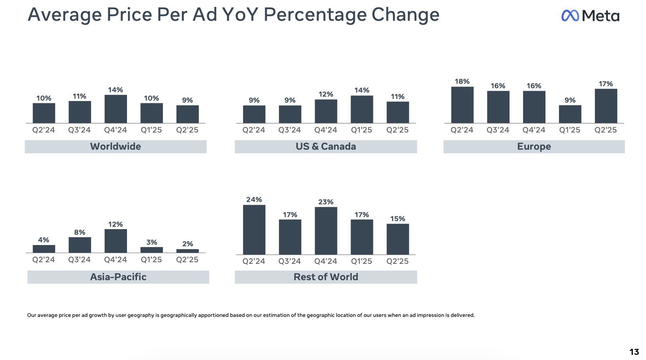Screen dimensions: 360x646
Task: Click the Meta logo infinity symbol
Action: point(570,16)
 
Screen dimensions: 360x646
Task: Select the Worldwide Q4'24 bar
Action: point(116,109)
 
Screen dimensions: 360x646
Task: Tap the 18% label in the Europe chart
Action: point(462,81)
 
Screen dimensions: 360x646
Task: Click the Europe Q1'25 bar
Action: point(570,114)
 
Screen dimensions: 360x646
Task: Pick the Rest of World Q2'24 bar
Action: point(254,230)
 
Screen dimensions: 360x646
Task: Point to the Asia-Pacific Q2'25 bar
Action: point(188,251)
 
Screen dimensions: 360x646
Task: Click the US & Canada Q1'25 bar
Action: point(362,109)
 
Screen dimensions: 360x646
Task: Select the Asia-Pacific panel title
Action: point(118,277)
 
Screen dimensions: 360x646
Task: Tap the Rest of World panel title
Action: point(326,277)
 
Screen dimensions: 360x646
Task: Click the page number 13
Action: point(634,352)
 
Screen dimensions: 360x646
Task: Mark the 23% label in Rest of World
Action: point(326,202)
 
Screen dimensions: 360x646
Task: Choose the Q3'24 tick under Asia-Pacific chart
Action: point(79,260)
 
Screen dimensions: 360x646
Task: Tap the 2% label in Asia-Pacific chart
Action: point(188,244)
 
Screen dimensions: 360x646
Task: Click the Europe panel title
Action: point(534,146)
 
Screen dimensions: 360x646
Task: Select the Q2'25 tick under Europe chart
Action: point(605,130)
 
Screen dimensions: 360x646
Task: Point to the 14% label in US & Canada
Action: point(362,90)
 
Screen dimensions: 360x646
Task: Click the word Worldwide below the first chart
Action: point(116,146)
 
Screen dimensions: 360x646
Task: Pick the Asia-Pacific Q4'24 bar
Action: point(116,241)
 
